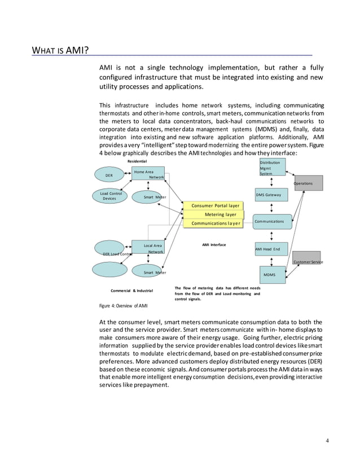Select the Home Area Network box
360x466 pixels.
point(148,174)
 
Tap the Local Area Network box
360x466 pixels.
point(148,248)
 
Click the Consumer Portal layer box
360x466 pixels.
point(214,205)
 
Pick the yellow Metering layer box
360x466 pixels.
point(220,214)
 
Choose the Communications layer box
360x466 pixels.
point(214,223)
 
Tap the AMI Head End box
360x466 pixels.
point(271,249)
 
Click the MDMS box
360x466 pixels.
point(273,275)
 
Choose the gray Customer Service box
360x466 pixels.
point(307,259)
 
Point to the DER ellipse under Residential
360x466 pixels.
point(111,175)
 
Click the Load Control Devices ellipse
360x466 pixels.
point(110,196)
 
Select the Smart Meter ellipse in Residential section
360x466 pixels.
point(148,197)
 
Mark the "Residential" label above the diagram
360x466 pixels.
point(137,161)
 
